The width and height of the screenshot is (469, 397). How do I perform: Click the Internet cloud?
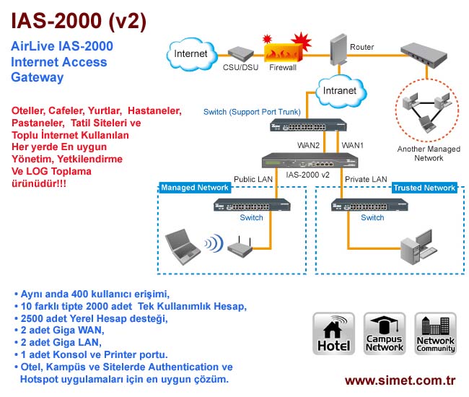(190, 53)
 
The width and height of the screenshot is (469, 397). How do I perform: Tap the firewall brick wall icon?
(282, 51)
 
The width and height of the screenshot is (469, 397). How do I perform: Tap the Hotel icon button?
(333, 333)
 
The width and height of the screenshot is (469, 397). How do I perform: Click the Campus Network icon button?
(385, 333)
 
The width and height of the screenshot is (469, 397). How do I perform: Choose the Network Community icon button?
(436, 333)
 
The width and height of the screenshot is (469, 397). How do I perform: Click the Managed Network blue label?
(195, 188)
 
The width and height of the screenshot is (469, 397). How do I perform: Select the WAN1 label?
(353, 145)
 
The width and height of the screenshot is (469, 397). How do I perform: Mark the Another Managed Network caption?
(429, 153)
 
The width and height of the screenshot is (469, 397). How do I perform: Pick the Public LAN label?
(253, 178)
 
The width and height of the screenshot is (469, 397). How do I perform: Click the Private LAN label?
(366, 178)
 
